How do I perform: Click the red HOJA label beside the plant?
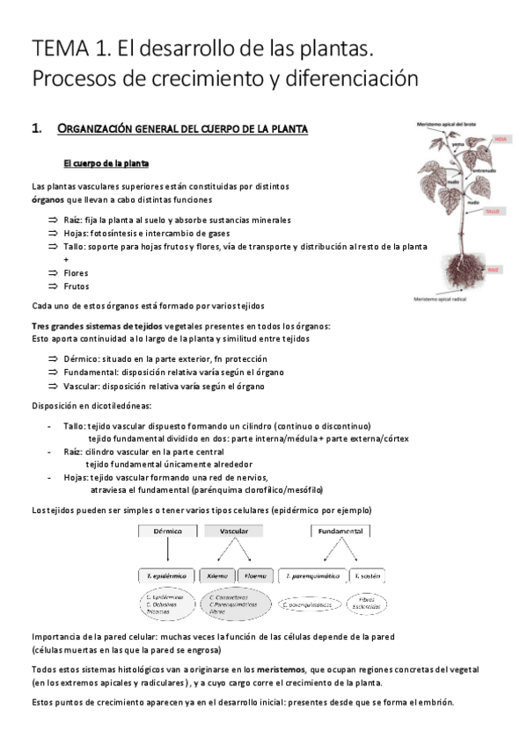click(501, 139)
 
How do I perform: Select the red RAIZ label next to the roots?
click(494, 269)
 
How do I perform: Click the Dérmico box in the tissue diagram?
click(167, 532)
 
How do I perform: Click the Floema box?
click(255, 575)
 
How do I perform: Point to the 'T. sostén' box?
click(368, 575)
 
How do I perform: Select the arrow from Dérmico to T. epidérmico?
click(167, 552)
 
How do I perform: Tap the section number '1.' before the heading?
click(37, 129)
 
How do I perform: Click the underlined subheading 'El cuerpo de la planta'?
click(106, 163)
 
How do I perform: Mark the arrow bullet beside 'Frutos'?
click(53, 286)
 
